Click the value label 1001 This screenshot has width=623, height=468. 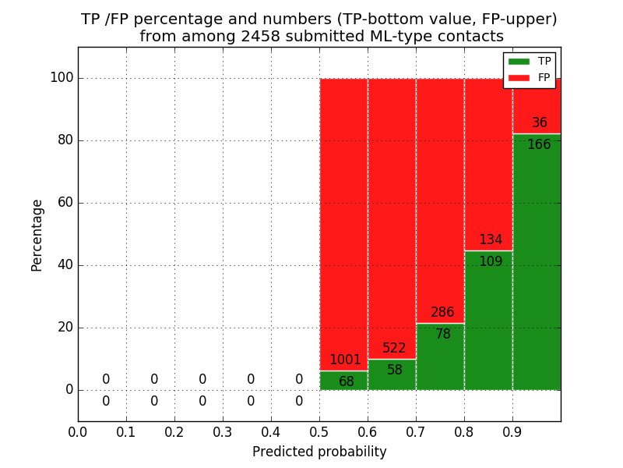(x=345, y=360)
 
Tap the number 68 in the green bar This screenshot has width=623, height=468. (x=347, y=382)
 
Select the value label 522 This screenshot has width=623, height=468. (x=394, y=349)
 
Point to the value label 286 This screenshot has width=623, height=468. (x=442, y=313)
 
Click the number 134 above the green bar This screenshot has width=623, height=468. (x=491, y=240)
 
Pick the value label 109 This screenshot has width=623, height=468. (x=491, y=262)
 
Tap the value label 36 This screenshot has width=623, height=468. (x=540, y=123)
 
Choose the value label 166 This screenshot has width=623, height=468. (x=539, y=145)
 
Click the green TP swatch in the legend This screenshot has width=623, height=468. (x=519, y=62)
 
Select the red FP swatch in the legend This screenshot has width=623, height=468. (x=519, y=77)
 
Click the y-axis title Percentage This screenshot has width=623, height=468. (x=37, y=235)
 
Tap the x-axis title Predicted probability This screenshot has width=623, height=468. (x=319, y=452)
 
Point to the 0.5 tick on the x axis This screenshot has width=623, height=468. (x=319, y=431)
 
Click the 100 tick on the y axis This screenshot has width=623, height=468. (x=62, y=78)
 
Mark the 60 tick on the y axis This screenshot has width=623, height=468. (x=65, y=203)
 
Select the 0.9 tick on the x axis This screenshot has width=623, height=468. (x=512, y=431)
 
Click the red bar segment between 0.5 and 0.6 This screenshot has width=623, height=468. (x=343, y=218)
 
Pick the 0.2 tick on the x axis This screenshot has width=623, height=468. (x=174, y=431)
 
